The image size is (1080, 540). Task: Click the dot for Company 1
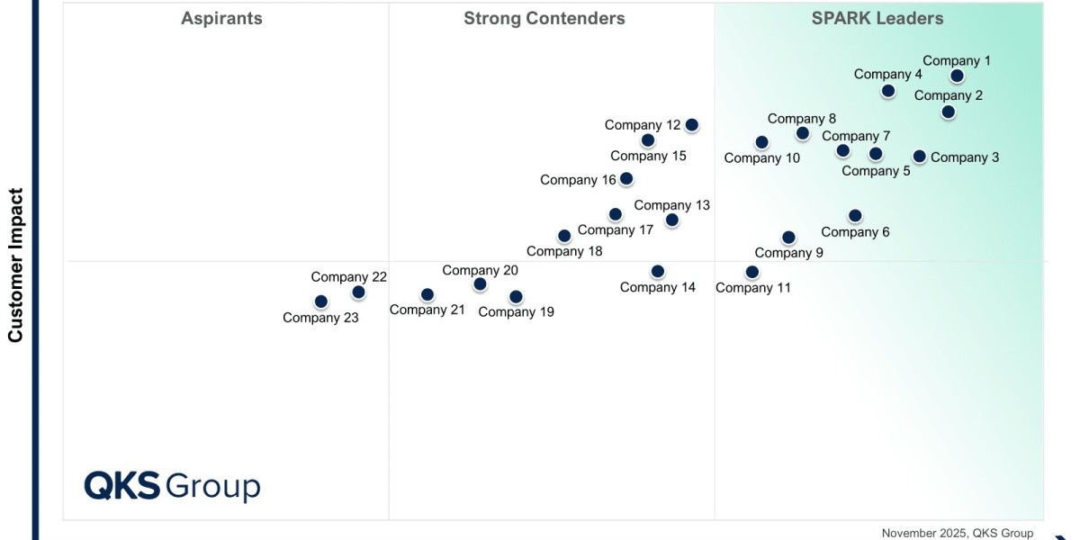pyautogui.click(x=957, y=76)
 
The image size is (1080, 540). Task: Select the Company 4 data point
pyautogui.click(x=888, y=91)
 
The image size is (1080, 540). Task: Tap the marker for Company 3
pyautogui.click(x=919, y=157)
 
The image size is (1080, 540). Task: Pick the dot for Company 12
pyautogui.click(x=691, y=125)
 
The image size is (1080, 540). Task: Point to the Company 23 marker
pyautogui.click(x=321, y=301)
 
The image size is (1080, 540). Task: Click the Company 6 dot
pyautogui.click(x=855, y=216)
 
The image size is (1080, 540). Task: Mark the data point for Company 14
pyautogui.click(x=658, y=272)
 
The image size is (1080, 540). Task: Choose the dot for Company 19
pyautogui.click(x=516, y=297)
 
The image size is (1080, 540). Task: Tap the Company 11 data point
pyautogui.click(x=752, y=273)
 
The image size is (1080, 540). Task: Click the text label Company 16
pyautogui.click(x=578, y=180)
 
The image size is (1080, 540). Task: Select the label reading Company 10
pyautogui.click(x=761, y=158)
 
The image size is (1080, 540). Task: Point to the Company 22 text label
pyautogui.click(x=348, y=277)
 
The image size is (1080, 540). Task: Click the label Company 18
pyautogui.click(x=564, y=251)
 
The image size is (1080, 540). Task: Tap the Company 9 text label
pyautogui.click(x=788, y=253)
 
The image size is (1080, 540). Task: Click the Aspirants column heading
pyautogui.click(x=221, y=19)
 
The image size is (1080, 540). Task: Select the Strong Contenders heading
pyautogui.click(x=544, y=19)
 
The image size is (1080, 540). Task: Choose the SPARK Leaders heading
pyautogui.click(x=877, y=19)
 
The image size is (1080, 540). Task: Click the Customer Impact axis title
pyautogui.click(x=15, y=265)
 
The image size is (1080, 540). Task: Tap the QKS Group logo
pyautogui.click(x=172, y=486)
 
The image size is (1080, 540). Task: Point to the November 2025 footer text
pyautogui.click(x=957, y=533)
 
